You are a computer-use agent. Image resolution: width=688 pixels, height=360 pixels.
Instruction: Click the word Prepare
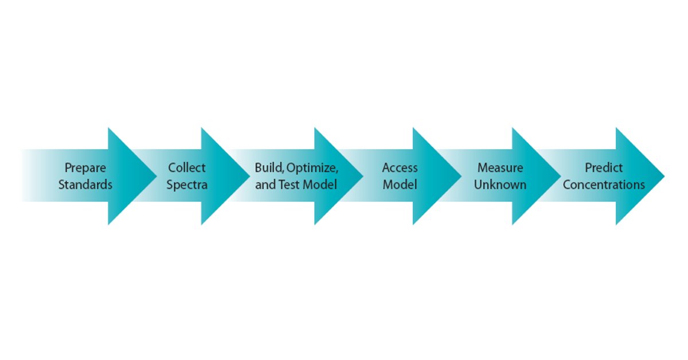tap(85, 168)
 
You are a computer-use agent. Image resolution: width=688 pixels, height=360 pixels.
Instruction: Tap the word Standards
tap(85, 185)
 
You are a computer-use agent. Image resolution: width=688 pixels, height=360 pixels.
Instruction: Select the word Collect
tap(186, 168)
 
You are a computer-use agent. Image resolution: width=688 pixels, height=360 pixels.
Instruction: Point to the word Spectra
tap(186, 185)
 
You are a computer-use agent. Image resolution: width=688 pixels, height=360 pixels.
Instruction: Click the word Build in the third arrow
tap(268, 168)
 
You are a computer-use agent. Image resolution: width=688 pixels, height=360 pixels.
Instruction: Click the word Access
tap(400, 168)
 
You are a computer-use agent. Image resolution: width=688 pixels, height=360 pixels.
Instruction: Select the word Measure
tap(500, 168)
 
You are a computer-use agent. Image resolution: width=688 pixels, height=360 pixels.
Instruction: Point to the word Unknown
tap(500, 185)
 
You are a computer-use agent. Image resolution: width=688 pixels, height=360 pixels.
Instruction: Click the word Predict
tap(604, 168)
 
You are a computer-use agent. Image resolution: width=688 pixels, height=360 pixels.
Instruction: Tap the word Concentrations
tap(604, 185)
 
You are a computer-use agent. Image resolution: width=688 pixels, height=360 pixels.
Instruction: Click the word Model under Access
tap(400, 185)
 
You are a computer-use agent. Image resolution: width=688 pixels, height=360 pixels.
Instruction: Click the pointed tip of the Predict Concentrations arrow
tap(663, 176)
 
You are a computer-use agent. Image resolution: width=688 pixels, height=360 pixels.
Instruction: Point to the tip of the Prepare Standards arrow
tap(155, 176)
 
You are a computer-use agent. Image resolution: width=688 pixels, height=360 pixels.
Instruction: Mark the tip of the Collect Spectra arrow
tap(249, 176)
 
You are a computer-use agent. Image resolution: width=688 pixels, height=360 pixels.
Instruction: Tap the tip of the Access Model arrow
tap(460, 176)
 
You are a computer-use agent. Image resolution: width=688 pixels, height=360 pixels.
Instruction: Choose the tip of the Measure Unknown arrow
tap(560, 176)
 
